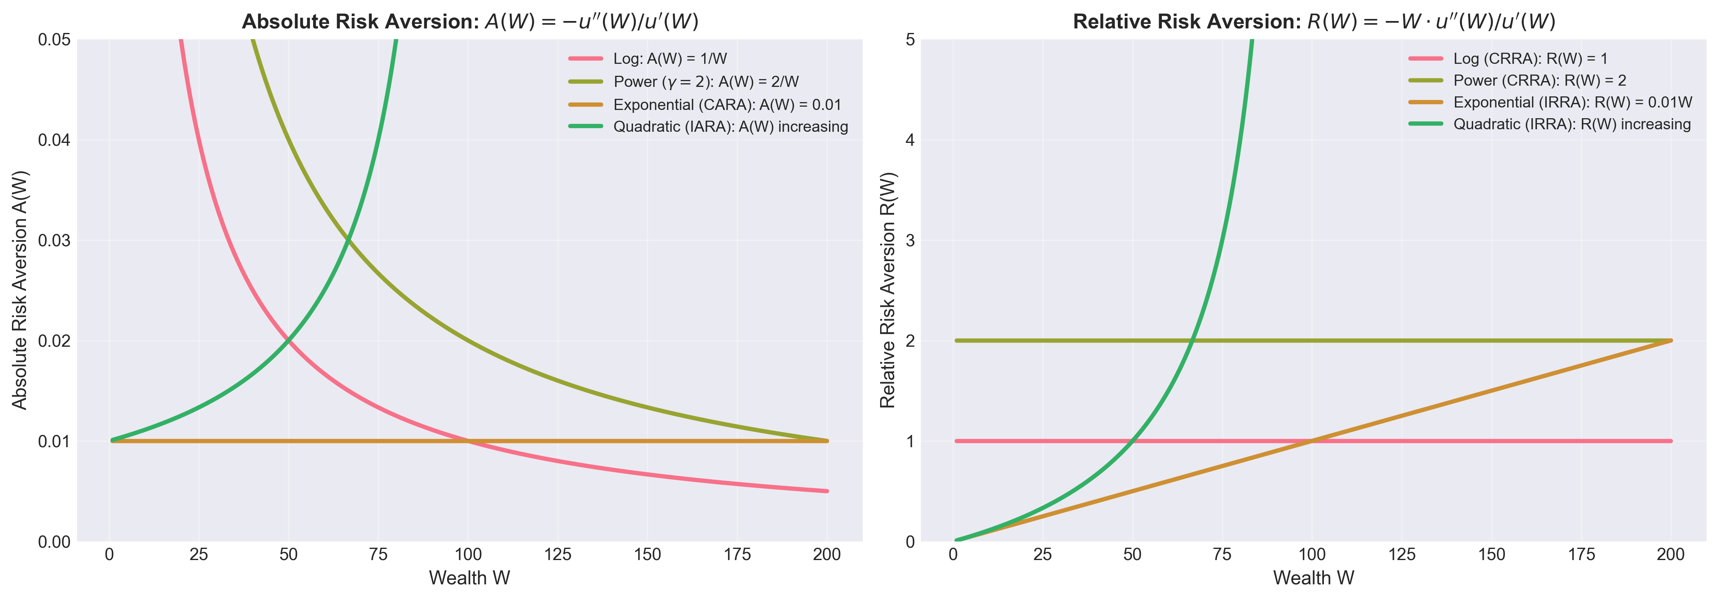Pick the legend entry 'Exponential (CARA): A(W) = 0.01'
tap(727, 105)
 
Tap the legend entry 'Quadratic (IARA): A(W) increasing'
tap(730, 127)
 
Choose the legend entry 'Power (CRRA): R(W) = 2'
tap(1539, 81)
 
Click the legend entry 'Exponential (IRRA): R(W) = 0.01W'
tap(1572, 103)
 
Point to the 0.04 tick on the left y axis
tap(54, 140)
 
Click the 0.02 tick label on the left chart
tap(54, 341)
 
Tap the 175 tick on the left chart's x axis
tap(737, 555)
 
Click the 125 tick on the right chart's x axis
tap(1401, 555)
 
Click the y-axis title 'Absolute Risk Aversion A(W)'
tap(20, 290)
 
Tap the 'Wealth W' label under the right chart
tap(1313, 578)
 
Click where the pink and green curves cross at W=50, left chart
tap(288, 341)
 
